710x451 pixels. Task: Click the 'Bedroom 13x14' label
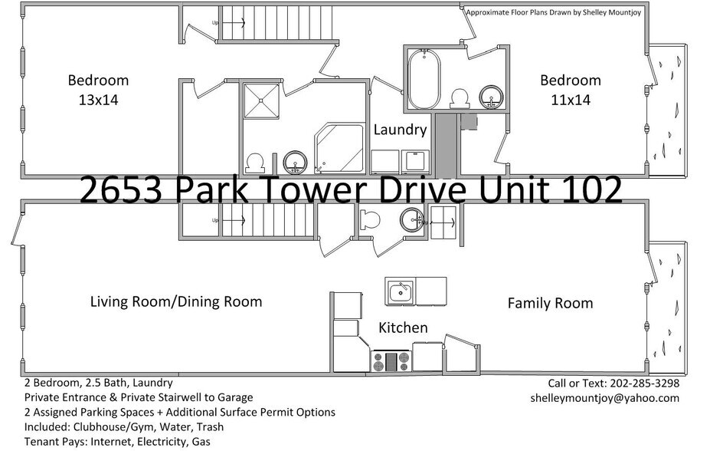[x=98, y=89]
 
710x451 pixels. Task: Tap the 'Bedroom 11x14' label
[x=571, y=89]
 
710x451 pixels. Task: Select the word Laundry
[x=399, y=130]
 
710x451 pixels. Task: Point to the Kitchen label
[x=403, y=328]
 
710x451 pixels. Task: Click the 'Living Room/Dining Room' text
[x=175, y=301]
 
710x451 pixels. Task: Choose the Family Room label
[x=550, y=303]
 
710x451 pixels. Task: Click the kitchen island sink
[x=399, y=291]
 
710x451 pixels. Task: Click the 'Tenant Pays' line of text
[x=117, y=442]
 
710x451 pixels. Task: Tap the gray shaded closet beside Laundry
[x=445, y=143]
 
